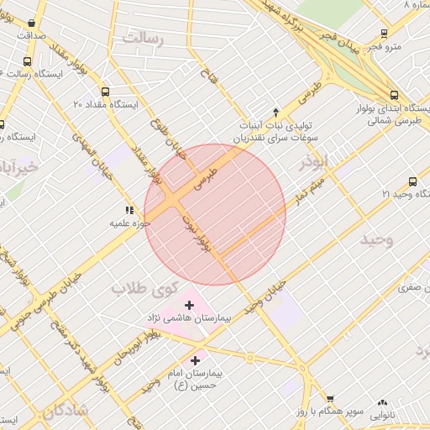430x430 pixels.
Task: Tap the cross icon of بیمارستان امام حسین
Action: (x=195, y=359)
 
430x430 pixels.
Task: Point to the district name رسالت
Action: (x=144, y=37)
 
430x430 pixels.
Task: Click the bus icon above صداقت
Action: (x=33, y=24)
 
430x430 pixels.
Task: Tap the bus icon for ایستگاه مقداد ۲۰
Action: (x=105, y=92)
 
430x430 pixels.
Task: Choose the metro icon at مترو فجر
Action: (x=384, y=34)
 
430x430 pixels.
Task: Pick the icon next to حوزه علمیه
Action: (x=128, y=210)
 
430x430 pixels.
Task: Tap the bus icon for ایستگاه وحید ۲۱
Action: (x=412, y=181)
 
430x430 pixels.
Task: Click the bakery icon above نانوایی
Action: (x=383, y=403)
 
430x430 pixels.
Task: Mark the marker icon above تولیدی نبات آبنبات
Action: (x=275, y=113)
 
